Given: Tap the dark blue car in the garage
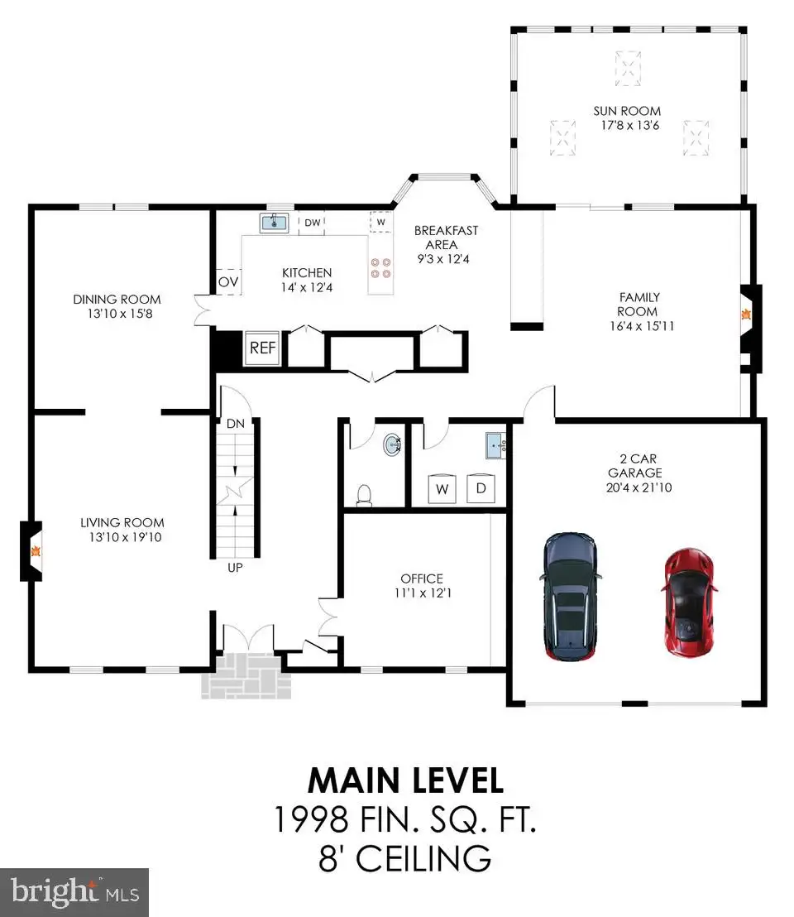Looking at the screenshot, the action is (x=570, y=596).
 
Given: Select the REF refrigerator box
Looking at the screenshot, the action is (x=262, y=348).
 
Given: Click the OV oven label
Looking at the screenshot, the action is (x=227, y=282).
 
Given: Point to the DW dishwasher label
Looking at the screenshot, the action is (x=313, y=223).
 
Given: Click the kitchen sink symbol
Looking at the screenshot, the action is (x=274, y=223).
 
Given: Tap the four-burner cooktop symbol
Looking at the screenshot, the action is (x=381, y=268).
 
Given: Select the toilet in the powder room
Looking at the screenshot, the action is (x=364, y=495).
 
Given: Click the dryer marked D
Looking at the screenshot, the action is (x=481, y=487).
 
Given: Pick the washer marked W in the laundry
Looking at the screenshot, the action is (x=442, y=488).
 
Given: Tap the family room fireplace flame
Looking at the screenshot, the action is (x=746, y=314).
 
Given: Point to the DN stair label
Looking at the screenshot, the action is (x=236, y=424).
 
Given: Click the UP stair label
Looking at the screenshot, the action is (x=235, y=567).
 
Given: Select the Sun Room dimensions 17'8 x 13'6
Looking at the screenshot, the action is (x=630, y=125).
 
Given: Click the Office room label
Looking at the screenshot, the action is (x=422, y=579).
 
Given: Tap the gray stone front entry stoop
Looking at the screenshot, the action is (x=246, y=675).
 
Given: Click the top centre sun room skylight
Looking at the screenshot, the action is (x=628, y=69).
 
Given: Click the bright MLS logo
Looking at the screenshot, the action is (x=74, y=892).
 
